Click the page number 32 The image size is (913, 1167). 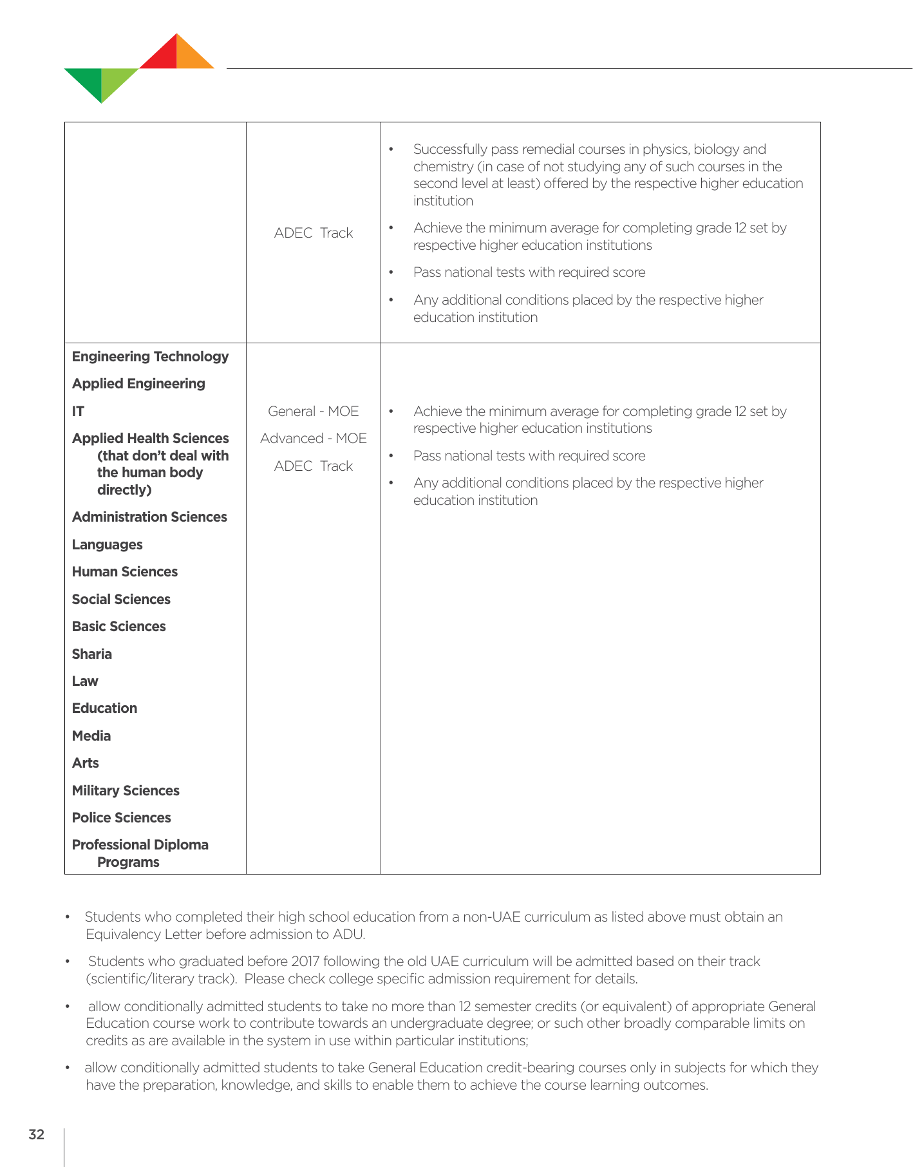coord(37,1134)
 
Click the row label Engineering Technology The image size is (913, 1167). coord(150,357)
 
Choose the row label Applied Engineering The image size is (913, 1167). coord(138,384)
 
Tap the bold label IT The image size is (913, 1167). coord(78,412)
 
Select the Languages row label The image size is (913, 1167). coord(107,545)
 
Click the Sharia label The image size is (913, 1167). coord(92,654)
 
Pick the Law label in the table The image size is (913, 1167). coord(85,681)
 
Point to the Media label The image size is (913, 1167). coord(91,736)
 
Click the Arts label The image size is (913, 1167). coord(86,763)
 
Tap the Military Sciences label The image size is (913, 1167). coord(126,791)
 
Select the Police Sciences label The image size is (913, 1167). coord(121,818)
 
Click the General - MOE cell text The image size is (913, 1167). coord(314,412)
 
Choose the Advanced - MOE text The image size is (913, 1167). coord(314,439)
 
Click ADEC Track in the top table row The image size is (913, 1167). coord(314,233)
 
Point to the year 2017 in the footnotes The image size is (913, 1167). coord(305,962)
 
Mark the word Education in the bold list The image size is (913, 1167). coord(104,708)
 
